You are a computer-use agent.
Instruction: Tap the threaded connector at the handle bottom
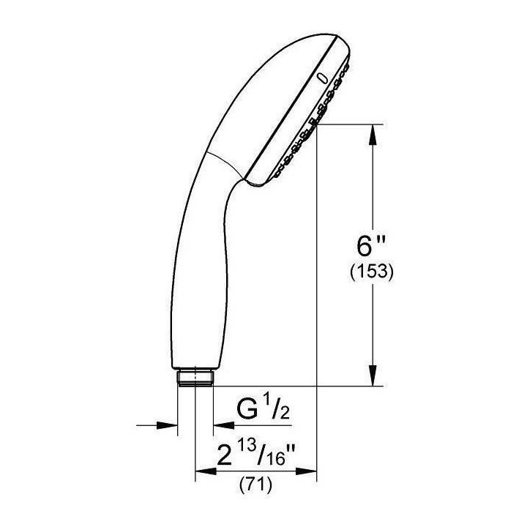click(195, 378)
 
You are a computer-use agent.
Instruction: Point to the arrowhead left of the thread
click(169, 424)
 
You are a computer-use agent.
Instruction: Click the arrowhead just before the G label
click(221, 424)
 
